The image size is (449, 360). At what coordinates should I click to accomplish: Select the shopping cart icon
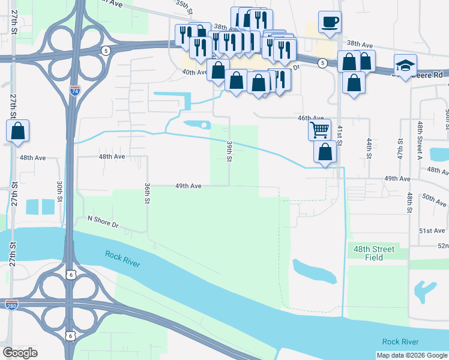tap(319, 129)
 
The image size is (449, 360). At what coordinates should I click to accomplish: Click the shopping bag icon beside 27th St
tap(18, 131)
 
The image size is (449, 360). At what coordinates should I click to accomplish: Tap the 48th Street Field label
tap(374, 253)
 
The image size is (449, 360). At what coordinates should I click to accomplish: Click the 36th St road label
tap(146, 193)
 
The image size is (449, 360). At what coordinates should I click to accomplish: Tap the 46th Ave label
tap(311, 119)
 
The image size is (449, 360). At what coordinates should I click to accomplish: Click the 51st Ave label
tap(432, 230)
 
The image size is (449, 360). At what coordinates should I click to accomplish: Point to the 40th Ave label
tap(194, 72)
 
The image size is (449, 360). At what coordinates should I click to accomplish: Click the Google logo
tap(20, 353)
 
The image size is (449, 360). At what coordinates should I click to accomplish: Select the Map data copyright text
tap(411, 355)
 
